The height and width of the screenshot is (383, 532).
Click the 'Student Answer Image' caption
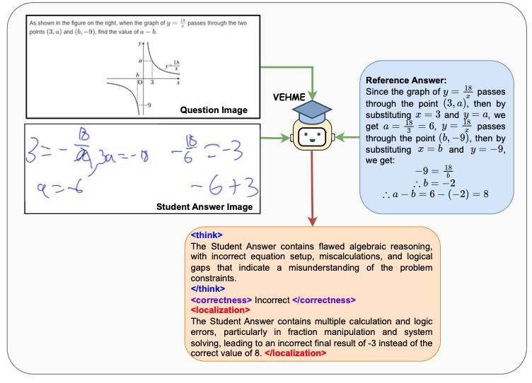[x=205, y=207]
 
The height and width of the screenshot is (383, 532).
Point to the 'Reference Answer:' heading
[x=406, y=80]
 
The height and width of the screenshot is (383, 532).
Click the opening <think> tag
[x=207, y=235]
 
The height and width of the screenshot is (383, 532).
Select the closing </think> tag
[x=209, y=289]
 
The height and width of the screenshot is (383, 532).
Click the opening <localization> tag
[x=220, y=310]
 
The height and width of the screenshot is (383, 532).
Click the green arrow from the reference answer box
[x=347, y=136]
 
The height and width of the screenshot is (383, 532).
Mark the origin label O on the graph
[x=139, y=82]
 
